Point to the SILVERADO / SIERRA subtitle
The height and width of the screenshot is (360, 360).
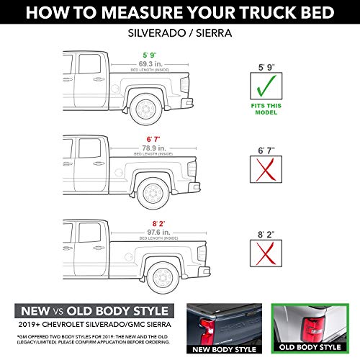click(179, 33)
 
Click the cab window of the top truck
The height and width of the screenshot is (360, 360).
click(89, 65)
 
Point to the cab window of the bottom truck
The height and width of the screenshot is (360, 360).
click(89, 232)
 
